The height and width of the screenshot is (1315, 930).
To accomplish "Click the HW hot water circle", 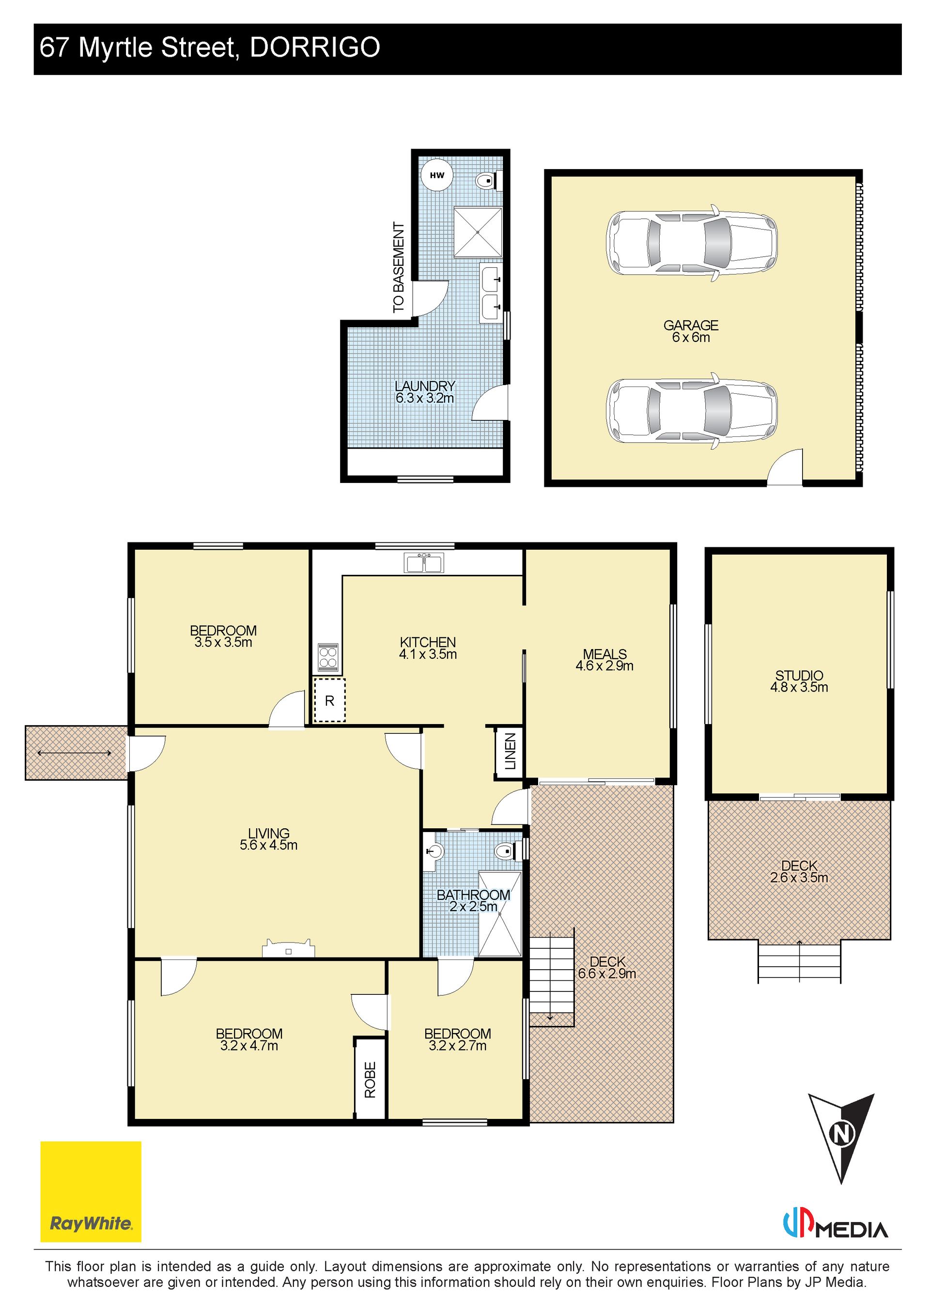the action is [x=437, y=175].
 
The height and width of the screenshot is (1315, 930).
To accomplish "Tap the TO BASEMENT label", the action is [x=399, y=267].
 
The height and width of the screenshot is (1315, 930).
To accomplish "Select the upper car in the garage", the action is [x=692, y=243].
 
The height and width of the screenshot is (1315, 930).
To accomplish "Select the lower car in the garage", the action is [x=692, y=411].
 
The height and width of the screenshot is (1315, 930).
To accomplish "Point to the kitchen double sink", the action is [x=424, y=563].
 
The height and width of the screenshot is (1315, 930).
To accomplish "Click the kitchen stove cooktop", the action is [x=328, y=658].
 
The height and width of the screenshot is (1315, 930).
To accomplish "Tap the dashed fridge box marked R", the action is [x=329, y=700].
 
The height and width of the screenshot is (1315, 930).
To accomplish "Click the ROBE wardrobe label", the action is [x=370, y=1080].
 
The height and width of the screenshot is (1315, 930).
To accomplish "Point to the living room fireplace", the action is [x=289, y=948].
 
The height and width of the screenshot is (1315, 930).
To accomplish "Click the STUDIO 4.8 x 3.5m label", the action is [x=799, y=681].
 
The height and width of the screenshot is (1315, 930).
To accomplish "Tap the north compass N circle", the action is [x=841, y=1134].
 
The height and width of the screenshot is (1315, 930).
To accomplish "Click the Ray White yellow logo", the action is [x=91, y=1192].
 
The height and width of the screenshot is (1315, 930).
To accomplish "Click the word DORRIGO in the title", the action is [x=315, y=47].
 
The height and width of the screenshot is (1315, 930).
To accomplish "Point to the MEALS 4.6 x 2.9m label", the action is [x=604, y=660].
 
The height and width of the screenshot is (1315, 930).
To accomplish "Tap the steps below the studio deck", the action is [x=799, y=961].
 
